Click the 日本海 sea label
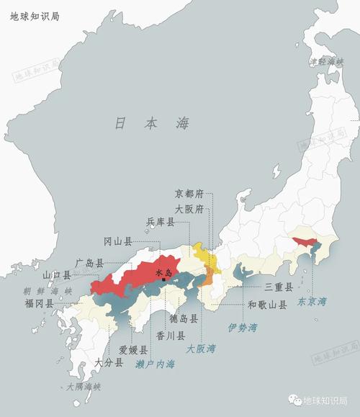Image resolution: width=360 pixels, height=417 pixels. (x=152, y=123)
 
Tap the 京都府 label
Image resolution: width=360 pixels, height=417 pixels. (x=190, y=193)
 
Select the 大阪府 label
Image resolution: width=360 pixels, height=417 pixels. (x=190, y=208)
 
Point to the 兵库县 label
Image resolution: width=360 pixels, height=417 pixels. (x=161, y=222)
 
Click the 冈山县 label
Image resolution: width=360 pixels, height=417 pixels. (x=117, y=241)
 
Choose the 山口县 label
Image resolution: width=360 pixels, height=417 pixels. (x=56, y=274)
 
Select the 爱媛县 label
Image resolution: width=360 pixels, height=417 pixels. (x=133, y=350)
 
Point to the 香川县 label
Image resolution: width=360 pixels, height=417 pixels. (x=171, y=335)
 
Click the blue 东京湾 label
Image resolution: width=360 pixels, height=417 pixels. (x=312, y=300)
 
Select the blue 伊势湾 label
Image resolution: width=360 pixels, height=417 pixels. (x=243, y=328)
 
